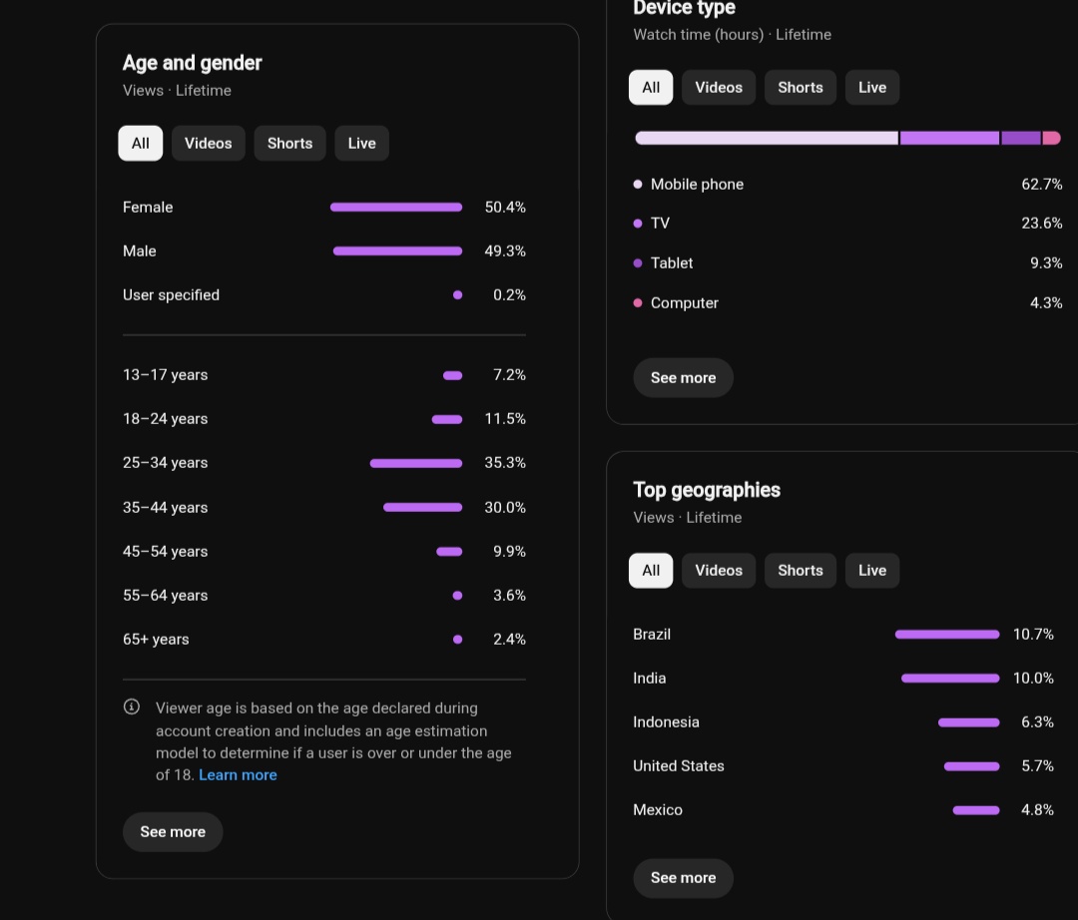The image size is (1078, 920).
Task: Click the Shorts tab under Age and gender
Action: (289, 143)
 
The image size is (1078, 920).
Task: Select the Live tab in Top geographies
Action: (871, 571)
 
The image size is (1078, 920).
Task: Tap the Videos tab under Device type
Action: (719, 87)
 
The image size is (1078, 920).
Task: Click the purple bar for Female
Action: (396, 207)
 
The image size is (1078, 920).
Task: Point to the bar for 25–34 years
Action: (416, 463)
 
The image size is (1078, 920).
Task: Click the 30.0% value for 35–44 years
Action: (505, 507)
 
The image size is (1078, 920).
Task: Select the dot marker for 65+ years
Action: (458, 639)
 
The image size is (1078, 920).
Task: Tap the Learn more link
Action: (238, 775)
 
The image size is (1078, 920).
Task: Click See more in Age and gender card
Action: (173, 832)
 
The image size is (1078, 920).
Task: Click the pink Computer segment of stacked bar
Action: (1052, 138)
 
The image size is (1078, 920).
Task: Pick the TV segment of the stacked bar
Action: (949, 138)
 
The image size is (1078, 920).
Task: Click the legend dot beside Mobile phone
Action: (637, 185)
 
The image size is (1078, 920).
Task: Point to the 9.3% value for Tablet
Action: (1046, 263)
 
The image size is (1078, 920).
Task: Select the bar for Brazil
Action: (947, 635)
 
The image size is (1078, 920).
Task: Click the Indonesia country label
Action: (666, 722)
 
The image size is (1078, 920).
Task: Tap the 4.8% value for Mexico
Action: (1037, 810)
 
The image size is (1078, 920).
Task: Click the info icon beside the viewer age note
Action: (132, 706)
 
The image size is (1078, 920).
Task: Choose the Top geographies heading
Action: (706, 490)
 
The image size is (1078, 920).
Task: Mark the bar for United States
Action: (971, 766)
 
